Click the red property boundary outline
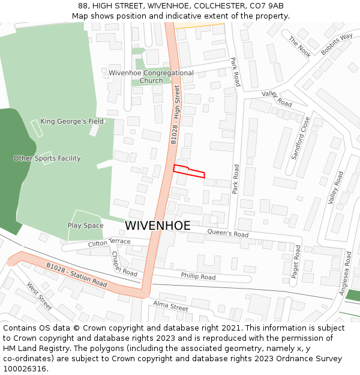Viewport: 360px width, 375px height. tap(189, 171)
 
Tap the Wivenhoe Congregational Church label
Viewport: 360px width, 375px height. tap(151, 77)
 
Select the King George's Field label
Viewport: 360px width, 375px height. tap(72, 121)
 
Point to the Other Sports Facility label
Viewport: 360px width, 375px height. tap(47, 158)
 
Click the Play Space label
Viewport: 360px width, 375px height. tap(85, 226)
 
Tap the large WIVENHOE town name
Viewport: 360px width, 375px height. tap(158, 226)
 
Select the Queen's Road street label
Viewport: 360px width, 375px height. tap(227, 233)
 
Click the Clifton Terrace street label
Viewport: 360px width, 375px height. tap(109, 242)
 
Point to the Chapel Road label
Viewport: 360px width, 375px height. tap(124, 263)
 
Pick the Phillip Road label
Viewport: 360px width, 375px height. tap(198, 277)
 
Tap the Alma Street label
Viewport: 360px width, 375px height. tap(170, 306)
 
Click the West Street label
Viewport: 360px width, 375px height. tap(39, 296)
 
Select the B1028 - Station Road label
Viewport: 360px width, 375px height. tap(76, 274)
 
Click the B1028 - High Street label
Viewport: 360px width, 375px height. tap(175, 114)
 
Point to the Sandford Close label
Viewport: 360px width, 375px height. tap(301, 137)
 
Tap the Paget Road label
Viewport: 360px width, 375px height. tap(296, 260)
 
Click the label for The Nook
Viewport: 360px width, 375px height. tap(299, 46)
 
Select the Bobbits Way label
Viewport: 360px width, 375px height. tap(337, 44)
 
